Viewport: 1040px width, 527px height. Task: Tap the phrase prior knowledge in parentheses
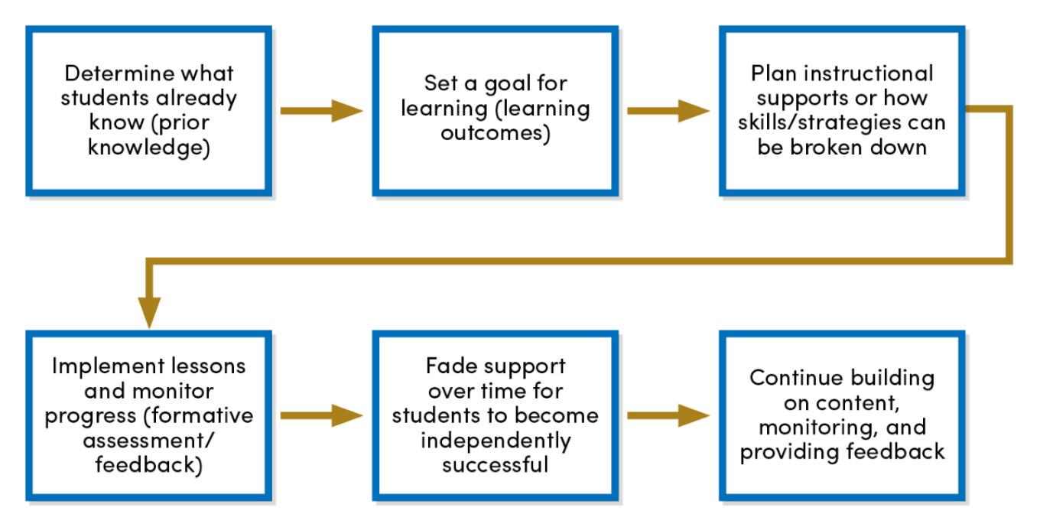148,135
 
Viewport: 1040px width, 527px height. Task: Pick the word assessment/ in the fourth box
148,440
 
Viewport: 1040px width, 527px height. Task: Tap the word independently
495,440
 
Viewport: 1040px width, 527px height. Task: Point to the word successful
495,464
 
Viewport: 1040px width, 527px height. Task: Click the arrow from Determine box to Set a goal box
321,111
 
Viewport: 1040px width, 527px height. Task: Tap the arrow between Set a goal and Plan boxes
668,111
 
